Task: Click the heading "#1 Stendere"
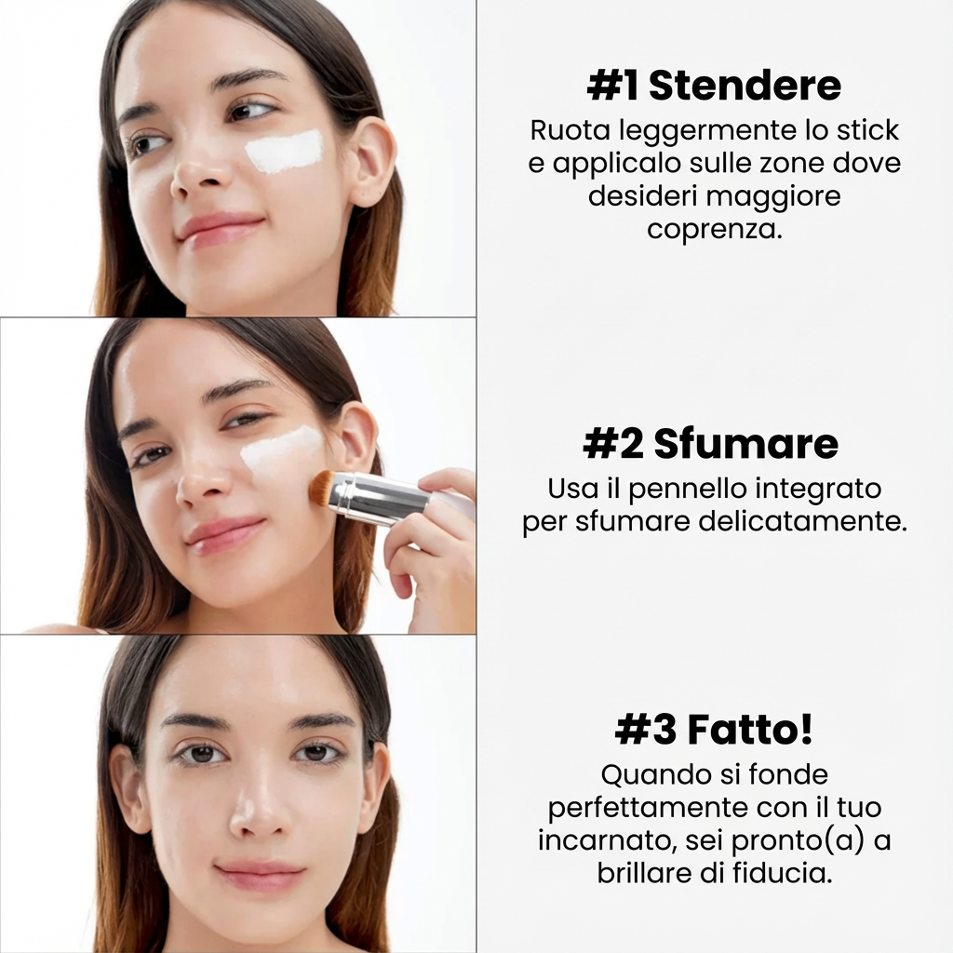click(714, 86)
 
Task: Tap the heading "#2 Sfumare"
click(710, 445)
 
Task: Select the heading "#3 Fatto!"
click(714, 731)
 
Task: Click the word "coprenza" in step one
click(714, 229)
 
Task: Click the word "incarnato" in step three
click(607, 840)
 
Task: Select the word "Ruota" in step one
click(565, 130)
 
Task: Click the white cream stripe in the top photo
click(285, 152)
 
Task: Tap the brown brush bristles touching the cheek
click(323, 488)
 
